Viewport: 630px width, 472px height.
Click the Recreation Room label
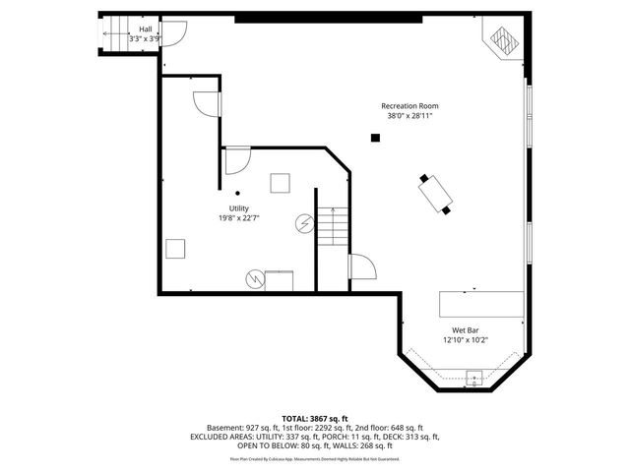(409, 106)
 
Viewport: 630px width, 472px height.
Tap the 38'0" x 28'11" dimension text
(409, 116)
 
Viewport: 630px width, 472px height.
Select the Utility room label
(238, 208)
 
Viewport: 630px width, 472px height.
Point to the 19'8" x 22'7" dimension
(238, 218)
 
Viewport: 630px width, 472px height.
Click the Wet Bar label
(465, 330)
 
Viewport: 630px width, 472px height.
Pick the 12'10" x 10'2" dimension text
(465, 340)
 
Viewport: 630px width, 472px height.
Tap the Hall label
(145, 30)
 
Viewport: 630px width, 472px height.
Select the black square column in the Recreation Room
(375, 138)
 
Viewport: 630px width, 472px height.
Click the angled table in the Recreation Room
(435, 194)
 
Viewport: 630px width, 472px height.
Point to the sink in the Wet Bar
(473, 377)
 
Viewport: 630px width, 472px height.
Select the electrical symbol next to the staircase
(303, 225)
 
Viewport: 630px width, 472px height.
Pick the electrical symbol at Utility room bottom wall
(255, 279)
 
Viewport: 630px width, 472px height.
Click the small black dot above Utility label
(237, 193)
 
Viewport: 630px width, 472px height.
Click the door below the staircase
(360, 267)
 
